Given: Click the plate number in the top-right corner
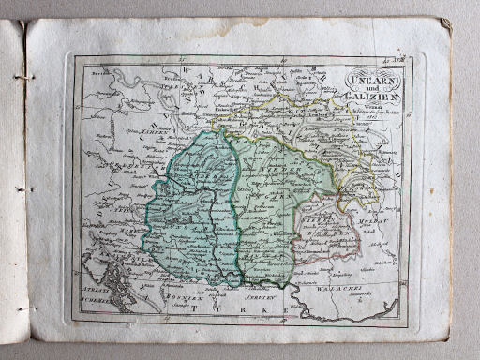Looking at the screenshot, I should pyautogui.click(x=394, y=59).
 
